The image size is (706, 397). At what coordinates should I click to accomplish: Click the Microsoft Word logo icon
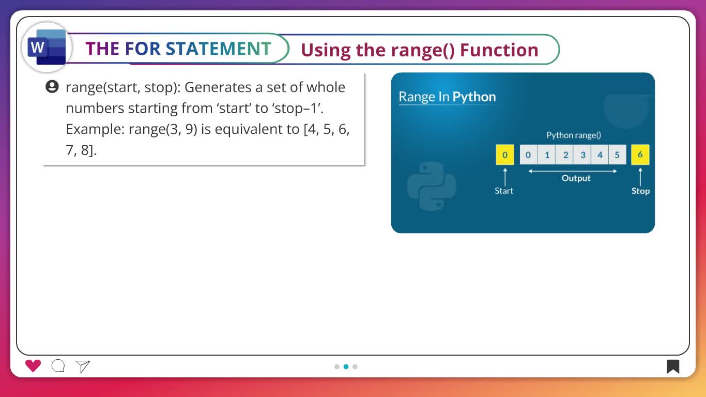(x=47, y=47)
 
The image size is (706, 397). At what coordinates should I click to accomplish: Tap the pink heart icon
(x=33, y=366)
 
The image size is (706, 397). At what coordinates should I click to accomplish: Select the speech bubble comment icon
(x=58, y=366)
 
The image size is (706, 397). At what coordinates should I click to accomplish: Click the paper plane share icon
(x=83, y=367)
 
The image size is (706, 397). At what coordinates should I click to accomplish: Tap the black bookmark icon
(x=672, y=367)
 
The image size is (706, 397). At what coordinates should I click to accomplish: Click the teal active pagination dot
(x=346, y=367)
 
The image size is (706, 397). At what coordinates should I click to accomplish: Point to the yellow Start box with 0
(x=505, y=155)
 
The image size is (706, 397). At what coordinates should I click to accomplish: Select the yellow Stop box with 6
(x=640, y=155)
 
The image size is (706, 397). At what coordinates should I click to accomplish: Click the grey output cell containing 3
(x=583, y=155)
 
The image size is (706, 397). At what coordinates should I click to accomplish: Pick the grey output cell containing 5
(x=617, y=155)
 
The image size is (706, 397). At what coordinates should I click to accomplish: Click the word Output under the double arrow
(x=576, y=178)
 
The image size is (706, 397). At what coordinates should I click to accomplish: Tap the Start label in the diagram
(x=504, y=191)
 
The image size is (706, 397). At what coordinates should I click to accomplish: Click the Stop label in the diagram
(x=640, y=191)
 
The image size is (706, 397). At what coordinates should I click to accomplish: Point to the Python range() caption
(x=574, y=135)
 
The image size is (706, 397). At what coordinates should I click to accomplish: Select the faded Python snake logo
(x=432, y=186)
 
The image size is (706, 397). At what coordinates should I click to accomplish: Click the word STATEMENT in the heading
(x=218, y=49)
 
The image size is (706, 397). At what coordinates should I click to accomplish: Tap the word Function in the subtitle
(x=499, y=50)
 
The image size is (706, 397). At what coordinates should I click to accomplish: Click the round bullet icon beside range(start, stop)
(x=52, y=86)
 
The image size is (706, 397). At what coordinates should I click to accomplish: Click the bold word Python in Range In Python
(x=474, y=97)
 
